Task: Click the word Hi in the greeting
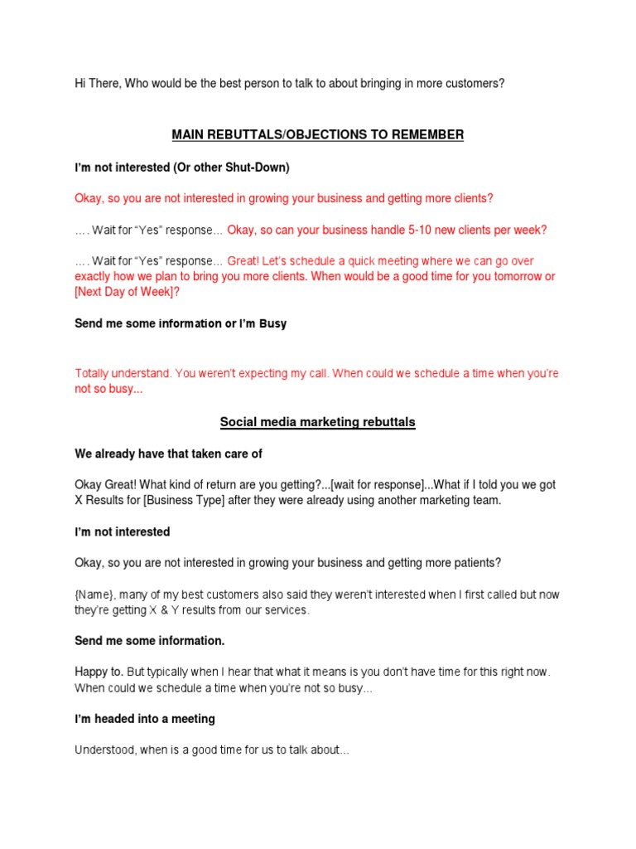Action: tap(80, 84)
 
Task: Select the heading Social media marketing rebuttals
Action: tap(317, 422)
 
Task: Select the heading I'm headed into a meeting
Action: tap(145, 719)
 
